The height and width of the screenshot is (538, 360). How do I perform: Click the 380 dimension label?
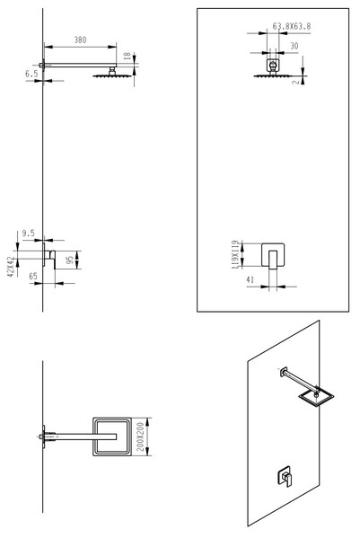(80, 40)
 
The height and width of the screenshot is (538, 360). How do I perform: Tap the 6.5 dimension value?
(31, 74)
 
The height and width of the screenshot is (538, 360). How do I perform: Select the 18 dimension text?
(127, 56)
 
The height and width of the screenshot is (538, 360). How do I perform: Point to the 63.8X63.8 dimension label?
(292, 26)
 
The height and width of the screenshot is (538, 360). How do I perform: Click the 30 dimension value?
(294, 46)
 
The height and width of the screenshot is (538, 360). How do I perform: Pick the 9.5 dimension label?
(28, 234)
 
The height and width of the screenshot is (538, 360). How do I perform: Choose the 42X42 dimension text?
(12, 267)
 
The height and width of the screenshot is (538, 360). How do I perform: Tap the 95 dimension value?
(70, 260)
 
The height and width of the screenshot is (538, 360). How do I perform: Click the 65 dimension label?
(33, 277)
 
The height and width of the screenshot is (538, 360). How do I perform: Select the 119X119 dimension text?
(235, 254)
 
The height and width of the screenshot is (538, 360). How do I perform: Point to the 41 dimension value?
(250, 280)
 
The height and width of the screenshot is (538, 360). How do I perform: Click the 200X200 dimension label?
(141, 437)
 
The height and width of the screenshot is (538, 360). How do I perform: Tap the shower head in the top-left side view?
(112, 75)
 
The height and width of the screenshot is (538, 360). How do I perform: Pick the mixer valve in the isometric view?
(285, 476)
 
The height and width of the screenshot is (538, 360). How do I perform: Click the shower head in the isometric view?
(316, 397)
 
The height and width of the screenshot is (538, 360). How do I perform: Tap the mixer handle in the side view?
(52, 259)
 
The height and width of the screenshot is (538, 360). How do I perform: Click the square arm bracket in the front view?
(273, 65)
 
